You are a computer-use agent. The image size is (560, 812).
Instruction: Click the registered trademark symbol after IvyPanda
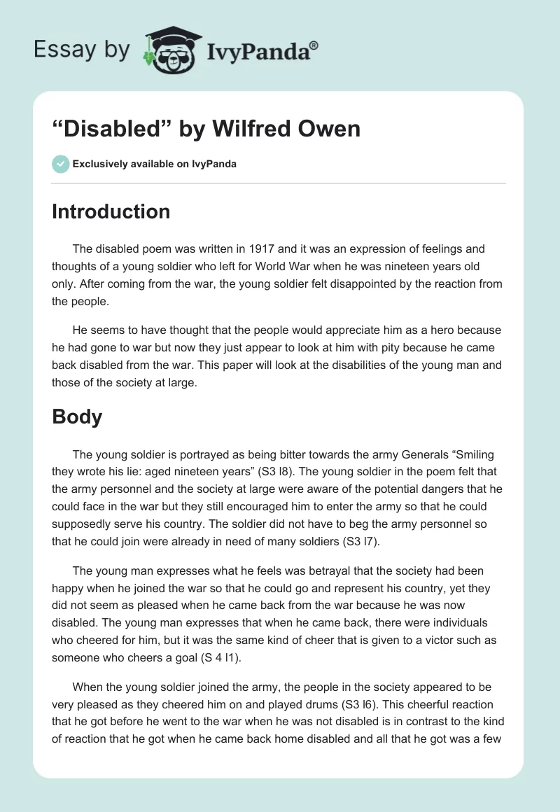coord(314,45)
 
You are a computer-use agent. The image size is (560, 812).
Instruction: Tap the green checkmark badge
coord(60,164)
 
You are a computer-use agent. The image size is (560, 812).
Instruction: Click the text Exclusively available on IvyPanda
coord(155,164)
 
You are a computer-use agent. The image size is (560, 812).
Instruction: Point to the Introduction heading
coord(111,211)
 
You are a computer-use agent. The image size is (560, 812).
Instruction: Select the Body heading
coord(77,416)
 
